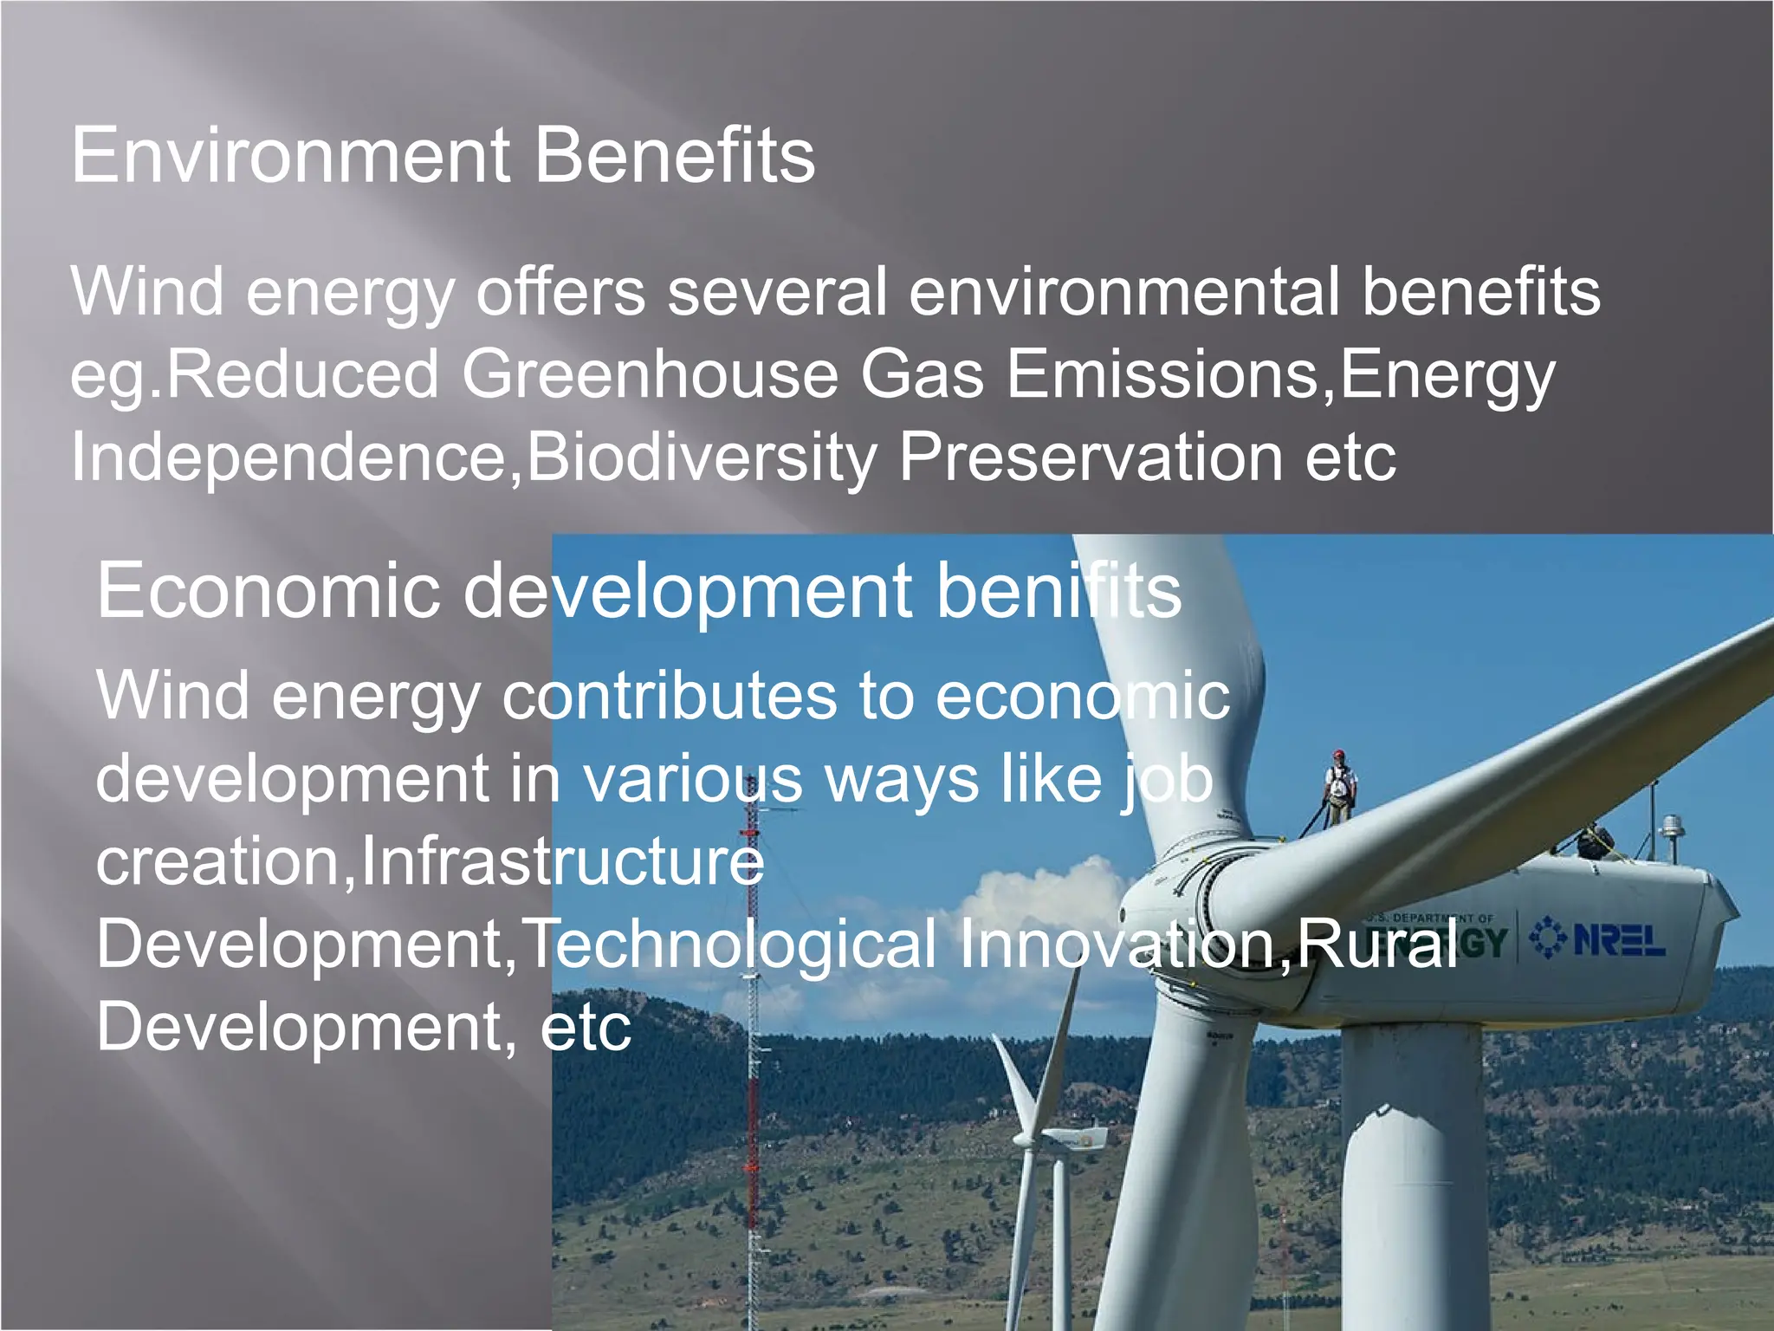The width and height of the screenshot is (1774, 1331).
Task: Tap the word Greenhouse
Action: (650, 374)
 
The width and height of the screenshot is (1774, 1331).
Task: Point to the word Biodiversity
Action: (702, 458)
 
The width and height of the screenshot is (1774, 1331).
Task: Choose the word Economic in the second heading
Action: (269, 591)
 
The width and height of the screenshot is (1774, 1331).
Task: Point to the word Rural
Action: (1377, 944)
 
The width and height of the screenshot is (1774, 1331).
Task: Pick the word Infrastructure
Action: (562, 861)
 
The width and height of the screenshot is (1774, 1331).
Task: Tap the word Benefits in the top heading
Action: (675, 156)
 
